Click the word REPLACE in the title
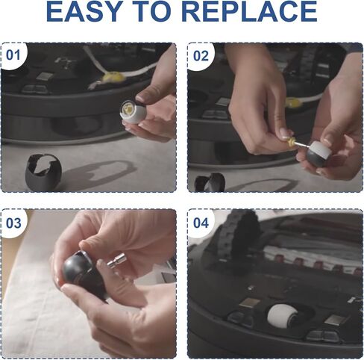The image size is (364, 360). coord(249,11)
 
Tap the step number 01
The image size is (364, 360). coord(13,55)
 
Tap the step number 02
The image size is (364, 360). coord(201,56)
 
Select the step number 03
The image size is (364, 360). coord(13,223)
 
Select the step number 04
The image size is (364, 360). coord(201,223)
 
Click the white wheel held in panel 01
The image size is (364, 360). coord(134,112)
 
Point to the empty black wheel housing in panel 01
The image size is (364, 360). coord(43,172)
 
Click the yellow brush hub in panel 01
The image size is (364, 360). coord(114,77)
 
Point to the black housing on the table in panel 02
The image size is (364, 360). coord(210,182)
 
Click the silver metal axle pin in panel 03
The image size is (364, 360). coord(116,260)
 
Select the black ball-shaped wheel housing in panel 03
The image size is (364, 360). coord(82,275)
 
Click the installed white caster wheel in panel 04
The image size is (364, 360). coord(280,314)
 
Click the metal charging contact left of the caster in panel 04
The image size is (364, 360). coord(249,303)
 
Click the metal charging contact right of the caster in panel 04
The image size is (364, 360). coord(334,320)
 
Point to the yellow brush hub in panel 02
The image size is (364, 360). coord(292,102)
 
